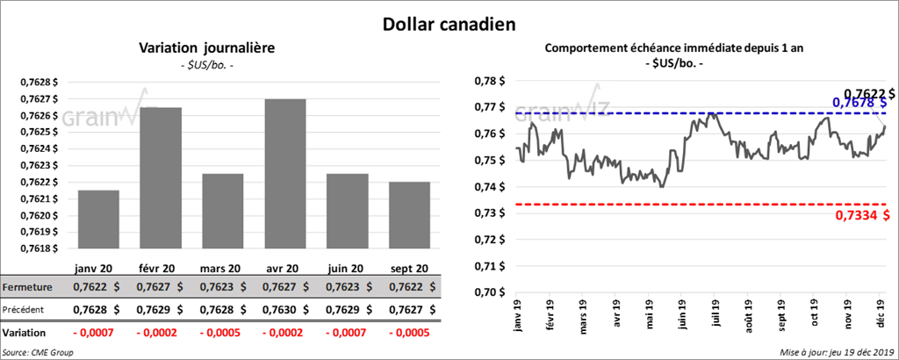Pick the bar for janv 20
pyautogui.click(x=98, y=219)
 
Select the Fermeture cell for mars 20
pyautogui.click(x=223, y=286)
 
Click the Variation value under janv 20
pyautogui.click(x=98, y=334)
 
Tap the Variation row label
pyautogui.click(x=25, y=334)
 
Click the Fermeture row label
pyautogui.click(x=26, y=286)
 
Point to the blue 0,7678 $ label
pyautogui.click(x=865, y=103)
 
